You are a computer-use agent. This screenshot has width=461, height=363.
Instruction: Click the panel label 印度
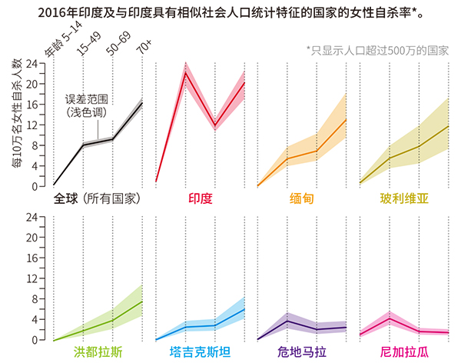coord(200,198)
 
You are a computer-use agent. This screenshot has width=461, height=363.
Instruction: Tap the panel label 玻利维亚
coord(403,198)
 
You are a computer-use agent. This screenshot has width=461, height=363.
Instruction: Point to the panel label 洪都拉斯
coord(98,352)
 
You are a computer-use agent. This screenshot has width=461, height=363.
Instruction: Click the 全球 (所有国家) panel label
coord(96,198)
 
